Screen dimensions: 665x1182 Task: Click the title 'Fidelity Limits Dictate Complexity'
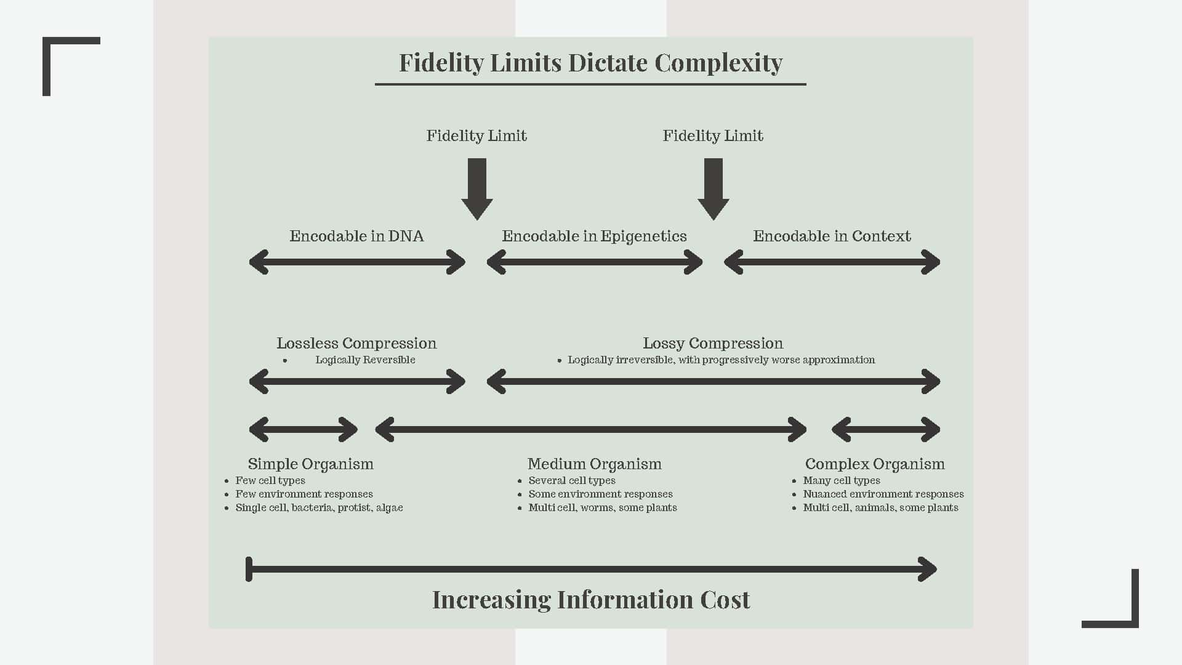[590, 63]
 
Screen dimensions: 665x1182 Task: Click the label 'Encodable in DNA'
[356, 236]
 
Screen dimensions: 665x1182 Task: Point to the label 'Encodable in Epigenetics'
[594, 236]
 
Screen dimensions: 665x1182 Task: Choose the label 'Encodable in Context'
[832, 236]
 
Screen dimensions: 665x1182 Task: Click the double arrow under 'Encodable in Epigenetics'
[594, 262]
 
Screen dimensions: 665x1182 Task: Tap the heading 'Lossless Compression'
[356, 343]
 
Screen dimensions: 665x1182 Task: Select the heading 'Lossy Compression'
[713, 343]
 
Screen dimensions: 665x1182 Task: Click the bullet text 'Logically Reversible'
[365, 360]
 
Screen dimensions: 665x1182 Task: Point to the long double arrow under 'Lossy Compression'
[713, 382]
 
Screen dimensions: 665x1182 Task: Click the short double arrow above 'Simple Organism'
[303, 429]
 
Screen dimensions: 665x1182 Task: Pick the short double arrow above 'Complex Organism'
[885, 429]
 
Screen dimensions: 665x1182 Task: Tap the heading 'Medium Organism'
[594, 464]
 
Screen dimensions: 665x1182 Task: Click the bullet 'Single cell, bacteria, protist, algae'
[319, 507]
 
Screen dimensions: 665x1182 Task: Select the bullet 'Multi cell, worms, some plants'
[603, 507]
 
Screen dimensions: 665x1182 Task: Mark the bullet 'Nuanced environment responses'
[883, 494]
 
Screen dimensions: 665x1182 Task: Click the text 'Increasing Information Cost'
[591, 600]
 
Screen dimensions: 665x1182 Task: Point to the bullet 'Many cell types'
[842, 480]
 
